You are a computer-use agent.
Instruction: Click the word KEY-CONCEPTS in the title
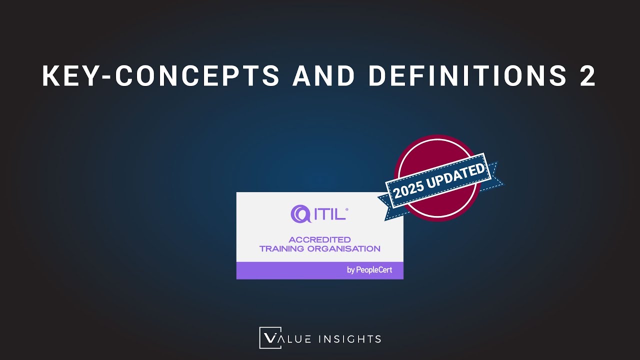pos(161,75)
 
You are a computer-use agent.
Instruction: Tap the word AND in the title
pos(323,75)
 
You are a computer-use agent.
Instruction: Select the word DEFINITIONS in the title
pos(467,75)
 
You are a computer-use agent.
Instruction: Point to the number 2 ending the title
pos(587,75)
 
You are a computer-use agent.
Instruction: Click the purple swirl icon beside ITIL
pos(300,213)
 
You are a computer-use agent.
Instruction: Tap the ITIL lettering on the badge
pos(330,214)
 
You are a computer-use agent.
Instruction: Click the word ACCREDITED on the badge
pos(319,239)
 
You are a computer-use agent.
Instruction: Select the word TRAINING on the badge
pos(281,249)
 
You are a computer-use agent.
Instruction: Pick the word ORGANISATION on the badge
pos(343,249)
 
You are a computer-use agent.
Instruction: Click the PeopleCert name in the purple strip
pos(374,270)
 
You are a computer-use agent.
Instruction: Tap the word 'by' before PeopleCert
pos(350,270)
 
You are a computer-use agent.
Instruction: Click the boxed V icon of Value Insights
pos(270,338)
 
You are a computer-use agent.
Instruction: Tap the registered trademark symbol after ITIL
pos(347,209)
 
